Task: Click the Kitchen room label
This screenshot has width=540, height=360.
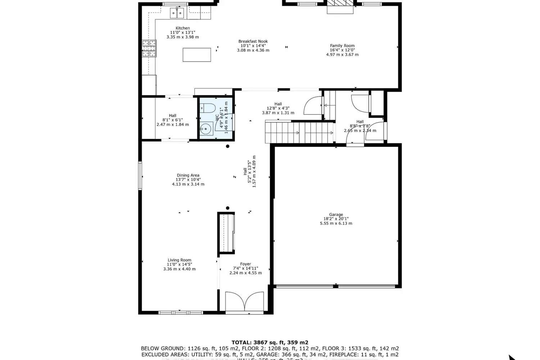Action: pos(183,28)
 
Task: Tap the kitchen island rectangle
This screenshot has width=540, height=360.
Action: pos(197,55)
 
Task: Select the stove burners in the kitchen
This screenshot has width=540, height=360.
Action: pos(149,49)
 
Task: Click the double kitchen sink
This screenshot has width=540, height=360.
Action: pos(177,13)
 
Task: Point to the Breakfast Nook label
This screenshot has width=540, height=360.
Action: pos(253,41)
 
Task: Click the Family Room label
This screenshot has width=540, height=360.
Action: pos(342,46)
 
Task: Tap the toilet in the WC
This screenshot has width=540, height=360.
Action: pos(208,107)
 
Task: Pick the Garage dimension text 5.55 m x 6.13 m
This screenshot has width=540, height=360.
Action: pos(336,223)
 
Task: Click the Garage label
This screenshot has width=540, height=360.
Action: pos(336,215)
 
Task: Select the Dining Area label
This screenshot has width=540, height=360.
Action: pos(188,175)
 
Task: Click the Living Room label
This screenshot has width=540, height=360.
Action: pos(179,260)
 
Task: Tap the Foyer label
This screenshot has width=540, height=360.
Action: pos(246,264)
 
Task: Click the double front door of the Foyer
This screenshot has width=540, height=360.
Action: pos(245,302)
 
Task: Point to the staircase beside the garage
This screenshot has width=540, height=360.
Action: pos(299,132)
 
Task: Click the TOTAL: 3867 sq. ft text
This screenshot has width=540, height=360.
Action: pos(270,342)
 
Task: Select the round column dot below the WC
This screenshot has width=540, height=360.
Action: pos(228,146)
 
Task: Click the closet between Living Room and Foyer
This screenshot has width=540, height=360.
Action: pos(226,233)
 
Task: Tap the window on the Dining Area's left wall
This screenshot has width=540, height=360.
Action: pos(140,176)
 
